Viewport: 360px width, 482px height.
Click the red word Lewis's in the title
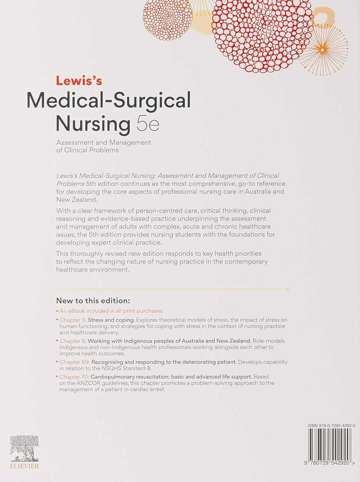tap(79, 81)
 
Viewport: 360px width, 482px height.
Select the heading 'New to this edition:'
tap(93, 301)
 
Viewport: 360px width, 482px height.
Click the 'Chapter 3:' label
tap(73, 320)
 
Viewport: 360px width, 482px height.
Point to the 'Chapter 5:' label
tap(73, 341)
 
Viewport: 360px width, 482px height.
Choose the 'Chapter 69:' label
tap(75, 362)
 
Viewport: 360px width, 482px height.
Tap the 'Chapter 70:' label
tap(74, 377)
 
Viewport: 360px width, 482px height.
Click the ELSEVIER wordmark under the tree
tap(24, 466)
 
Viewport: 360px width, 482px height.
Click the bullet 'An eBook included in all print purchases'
tap(111, 311)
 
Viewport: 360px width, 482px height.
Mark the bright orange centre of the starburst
tap(322, 49)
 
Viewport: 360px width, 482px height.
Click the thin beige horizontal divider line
tap(172, 289)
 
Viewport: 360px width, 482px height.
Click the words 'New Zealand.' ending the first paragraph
tap(76, 200)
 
